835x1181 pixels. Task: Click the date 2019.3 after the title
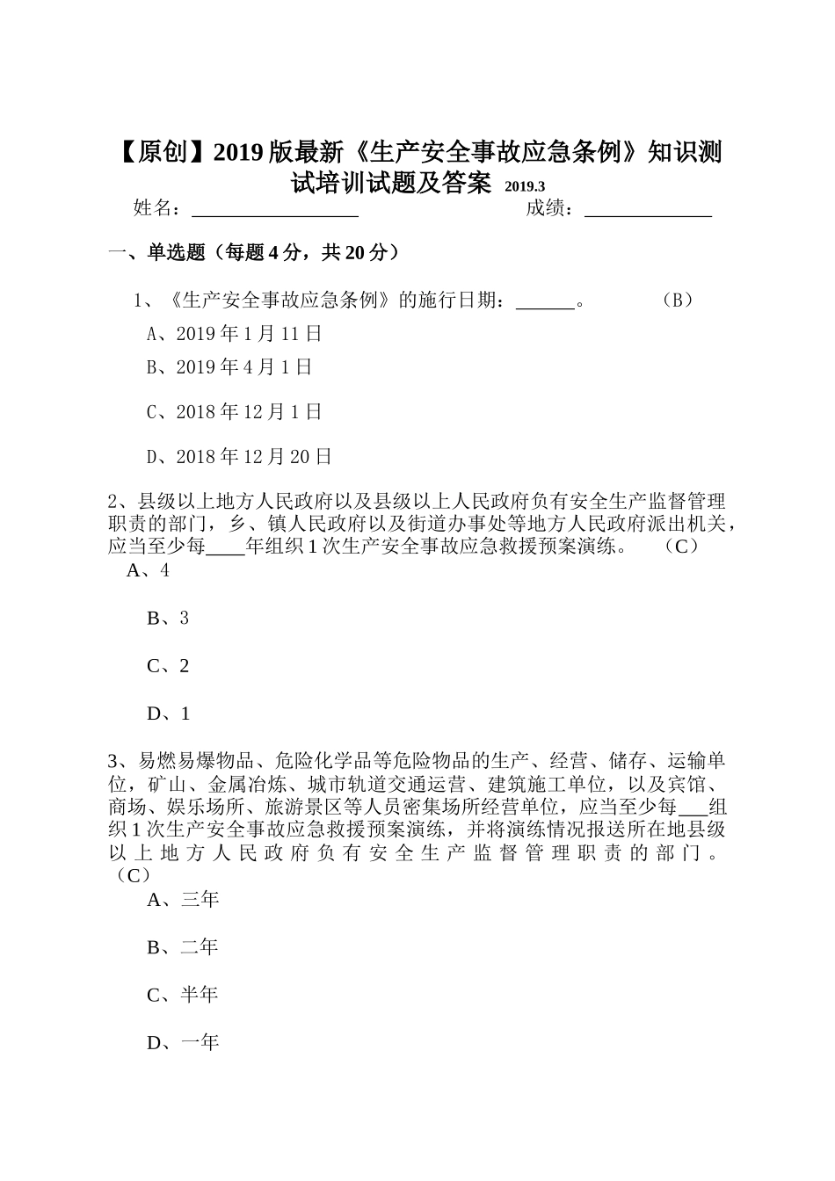pyautogui.click(x=525, y=186)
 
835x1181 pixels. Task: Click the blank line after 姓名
pyautogui.click(x=274, y=211)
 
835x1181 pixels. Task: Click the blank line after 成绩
pyautogui.click(x=648, y=211)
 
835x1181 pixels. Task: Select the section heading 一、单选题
pyautogui.click(x=254, y=253)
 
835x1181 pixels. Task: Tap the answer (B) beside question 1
pyautogui.click(x=677, y=301)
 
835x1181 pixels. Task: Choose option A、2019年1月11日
pyautogui.click(x=235, y=334)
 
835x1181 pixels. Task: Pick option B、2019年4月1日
pyautogui.click(x=229, y=367)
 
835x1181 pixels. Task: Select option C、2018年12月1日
pyautogui.click(x=235, y=412)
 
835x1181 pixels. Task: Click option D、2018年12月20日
pyautogui.click(x=239, y=457)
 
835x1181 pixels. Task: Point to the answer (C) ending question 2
pyautogui.click(x=680, y=547)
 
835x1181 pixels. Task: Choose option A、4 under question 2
pyautogui.click(x=148, y=570)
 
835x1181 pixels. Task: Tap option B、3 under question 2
pyautogui.click(x=168, y=619)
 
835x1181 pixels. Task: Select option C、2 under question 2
pyautogui.click(x=168, y=666)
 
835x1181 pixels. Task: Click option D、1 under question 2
pyautogui.click(x=168, y=714)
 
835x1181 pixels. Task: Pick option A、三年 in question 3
pyautogui.click(x=183, y=900)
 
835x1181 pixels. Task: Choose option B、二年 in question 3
pyautogui.click(x=183, y=947)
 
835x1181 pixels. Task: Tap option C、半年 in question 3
pyautogui.click(x=183, y=995)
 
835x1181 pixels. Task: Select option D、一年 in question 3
pyautogui.click(x=183, y=1042)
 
